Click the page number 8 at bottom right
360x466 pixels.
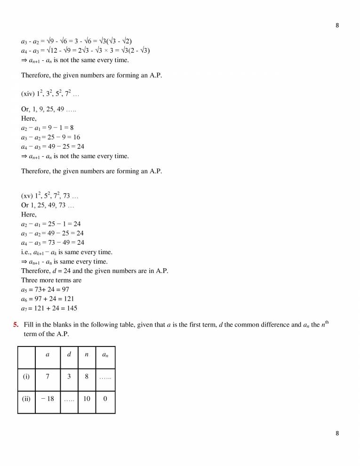(337, 434)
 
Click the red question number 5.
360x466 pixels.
(16, 325)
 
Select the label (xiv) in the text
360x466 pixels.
(28, 94)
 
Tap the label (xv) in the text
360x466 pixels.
(28, 196)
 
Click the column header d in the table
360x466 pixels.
(69, 354)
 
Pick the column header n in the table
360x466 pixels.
(87, 354)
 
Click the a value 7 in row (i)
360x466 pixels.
(48, 377)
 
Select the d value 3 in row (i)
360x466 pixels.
(69, 377)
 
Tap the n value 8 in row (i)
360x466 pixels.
(87, 377)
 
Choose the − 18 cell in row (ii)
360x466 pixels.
(48, 398)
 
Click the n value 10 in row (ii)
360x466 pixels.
(87, 398)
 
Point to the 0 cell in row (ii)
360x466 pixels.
(105, 398)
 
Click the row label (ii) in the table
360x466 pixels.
(26, 398)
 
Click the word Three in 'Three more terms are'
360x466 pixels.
(30, 280)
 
